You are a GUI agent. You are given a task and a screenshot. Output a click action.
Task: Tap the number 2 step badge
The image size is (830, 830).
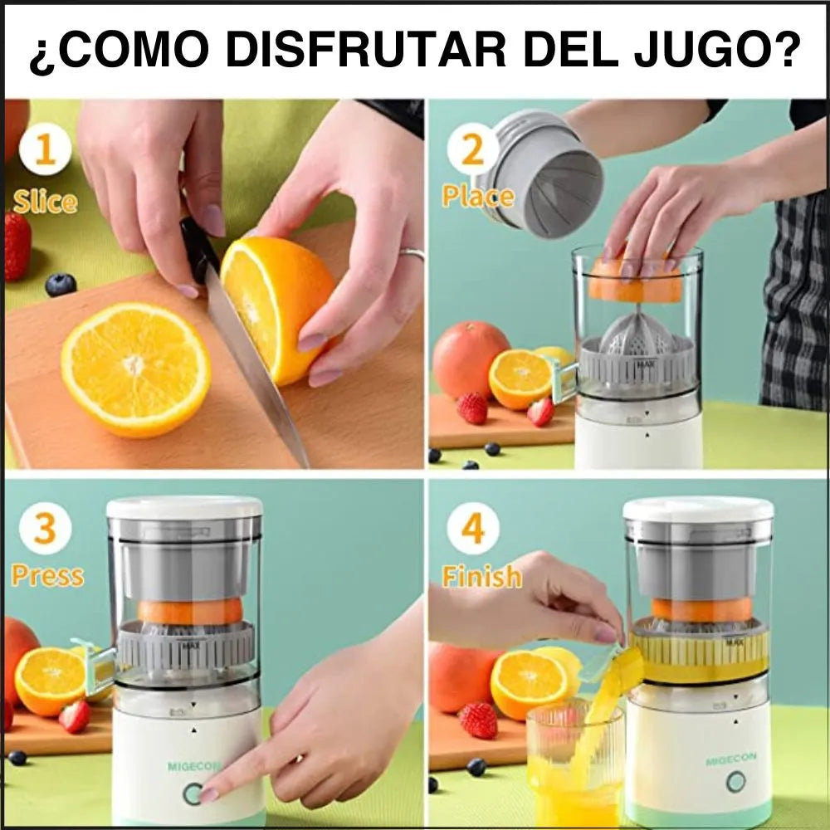472,149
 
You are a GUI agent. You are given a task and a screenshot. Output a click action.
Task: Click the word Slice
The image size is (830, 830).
45,201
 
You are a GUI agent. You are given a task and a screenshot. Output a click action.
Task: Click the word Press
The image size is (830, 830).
47,575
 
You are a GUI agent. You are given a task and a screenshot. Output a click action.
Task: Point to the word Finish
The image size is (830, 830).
481,575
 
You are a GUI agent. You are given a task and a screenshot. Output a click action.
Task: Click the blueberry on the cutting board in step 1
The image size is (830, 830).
61,284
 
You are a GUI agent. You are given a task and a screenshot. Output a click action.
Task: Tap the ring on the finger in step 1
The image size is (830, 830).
413,254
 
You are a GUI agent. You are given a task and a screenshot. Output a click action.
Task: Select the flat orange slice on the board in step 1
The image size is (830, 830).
135,368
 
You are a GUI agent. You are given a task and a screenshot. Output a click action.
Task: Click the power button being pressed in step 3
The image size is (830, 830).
193,793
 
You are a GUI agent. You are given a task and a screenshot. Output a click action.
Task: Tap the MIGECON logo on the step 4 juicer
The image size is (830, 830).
730,760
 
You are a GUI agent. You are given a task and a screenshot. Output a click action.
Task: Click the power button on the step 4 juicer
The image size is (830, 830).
735,782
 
